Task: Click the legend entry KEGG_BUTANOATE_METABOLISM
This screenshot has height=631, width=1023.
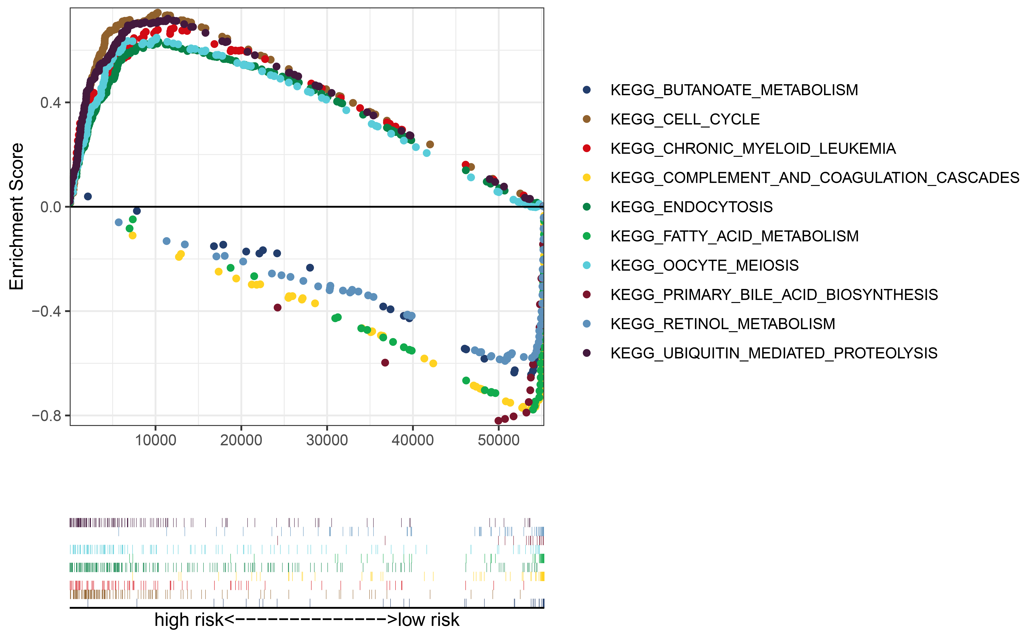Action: [x=734, y=90]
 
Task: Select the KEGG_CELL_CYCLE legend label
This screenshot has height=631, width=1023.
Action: [x=685, y=119]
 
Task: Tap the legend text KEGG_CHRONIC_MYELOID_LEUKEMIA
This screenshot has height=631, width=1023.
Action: [x=753, y=149]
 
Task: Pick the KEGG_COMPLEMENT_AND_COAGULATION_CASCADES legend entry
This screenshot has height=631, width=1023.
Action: [x=814, y=178]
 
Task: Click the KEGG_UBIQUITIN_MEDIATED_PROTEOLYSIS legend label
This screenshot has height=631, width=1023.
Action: [x=774, y=353]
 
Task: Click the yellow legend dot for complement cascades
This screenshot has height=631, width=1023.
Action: [x=587, y=178]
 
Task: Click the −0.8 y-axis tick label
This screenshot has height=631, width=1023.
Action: [x=46, y=416]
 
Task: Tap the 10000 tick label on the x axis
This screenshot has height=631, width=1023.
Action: [x=156, y=440]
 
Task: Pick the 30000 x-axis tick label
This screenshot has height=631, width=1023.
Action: [x=327, y=440]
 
